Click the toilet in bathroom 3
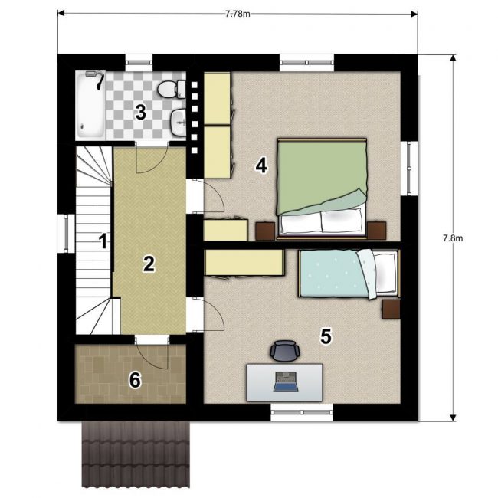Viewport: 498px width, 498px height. [171, 89]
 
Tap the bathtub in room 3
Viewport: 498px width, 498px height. [91, 105]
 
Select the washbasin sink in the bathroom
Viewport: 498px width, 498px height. [179, 123]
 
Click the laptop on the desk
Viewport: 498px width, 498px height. [286, 381]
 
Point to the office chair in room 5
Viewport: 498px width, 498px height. [285, 350]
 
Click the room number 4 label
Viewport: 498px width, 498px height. [261, 165]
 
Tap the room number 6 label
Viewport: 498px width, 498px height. [135, 380]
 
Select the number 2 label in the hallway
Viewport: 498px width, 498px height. [149, 264]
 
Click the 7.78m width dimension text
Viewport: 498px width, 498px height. [238, 14]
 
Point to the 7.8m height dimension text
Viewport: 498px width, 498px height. [453, 238]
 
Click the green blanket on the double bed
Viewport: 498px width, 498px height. [322, 176]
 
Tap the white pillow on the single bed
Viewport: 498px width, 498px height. [386, 273]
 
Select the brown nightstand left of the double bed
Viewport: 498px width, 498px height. [265, 231]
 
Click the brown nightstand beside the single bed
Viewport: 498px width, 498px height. [391, 309]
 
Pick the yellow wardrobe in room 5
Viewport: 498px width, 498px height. [244, 263]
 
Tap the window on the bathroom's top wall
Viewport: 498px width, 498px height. [139, 63]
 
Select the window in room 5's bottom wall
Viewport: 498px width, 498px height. [302, 412]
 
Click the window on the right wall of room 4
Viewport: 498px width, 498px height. [409, 168]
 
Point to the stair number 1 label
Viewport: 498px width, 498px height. [103, 241]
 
